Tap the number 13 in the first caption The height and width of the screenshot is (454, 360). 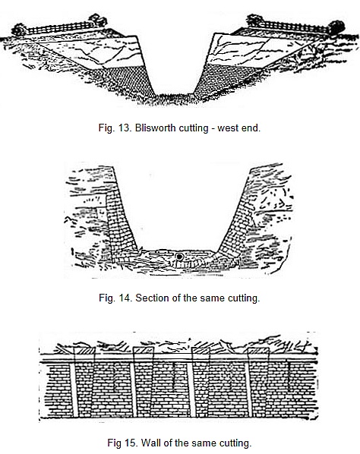click(x=125, y=128)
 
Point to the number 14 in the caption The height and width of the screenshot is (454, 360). click(x=125, y=298)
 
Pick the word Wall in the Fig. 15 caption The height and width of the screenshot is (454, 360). click(x=150, y=443)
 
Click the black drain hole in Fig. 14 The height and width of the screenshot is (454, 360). click(x=180, y=257)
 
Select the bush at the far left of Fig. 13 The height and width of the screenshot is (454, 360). click(x=19, y=30)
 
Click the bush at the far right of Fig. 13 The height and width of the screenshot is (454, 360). click(x=336, y=27)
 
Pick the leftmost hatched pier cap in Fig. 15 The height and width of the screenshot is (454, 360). click(x=84, y=351)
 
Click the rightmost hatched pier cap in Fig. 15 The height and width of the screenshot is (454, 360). click(x=259, y=351)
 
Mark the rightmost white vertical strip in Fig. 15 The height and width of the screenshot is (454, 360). click(x=248, y=390)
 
